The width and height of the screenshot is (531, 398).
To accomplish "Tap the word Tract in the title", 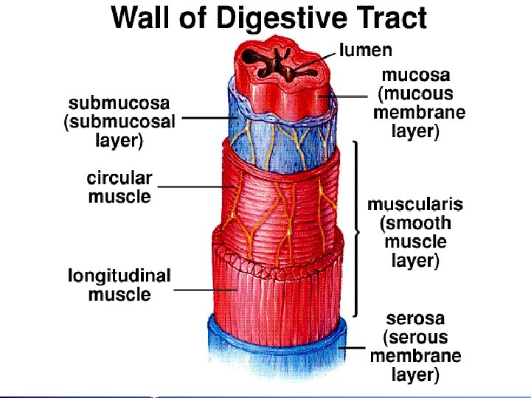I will pos(389,17).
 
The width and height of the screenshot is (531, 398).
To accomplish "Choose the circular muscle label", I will pos(119,187).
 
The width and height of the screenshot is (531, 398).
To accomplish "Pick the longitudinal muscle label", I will pos(119,285).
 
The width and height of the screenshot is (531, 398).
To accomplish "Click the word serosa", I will pos(415,318).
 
